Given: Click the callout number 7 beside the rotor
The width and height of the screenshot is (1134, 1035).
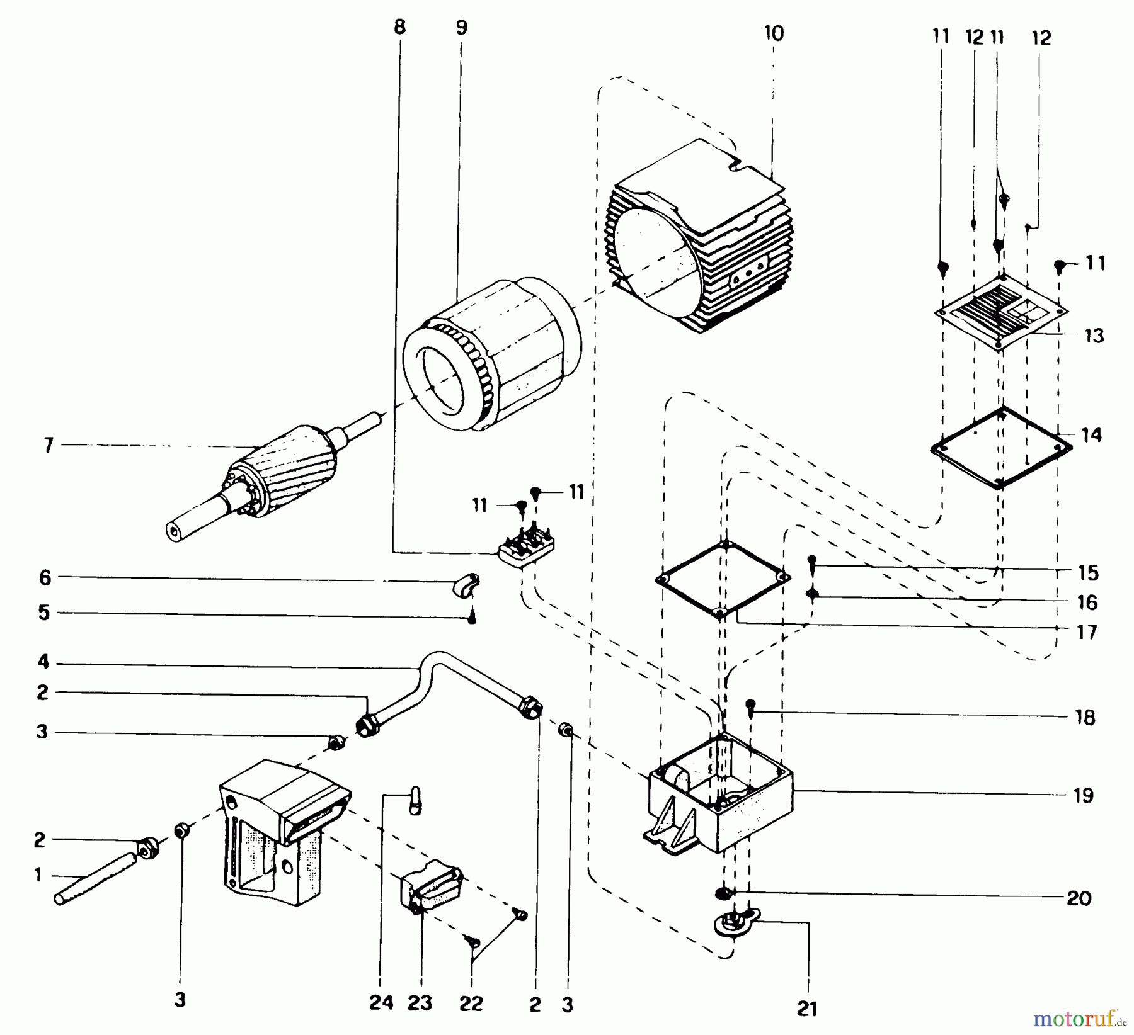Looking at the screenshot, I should [x=49, y=446].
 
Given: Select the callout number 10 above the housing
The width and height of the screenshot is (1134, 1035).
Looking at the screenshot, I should [x=774, y=34].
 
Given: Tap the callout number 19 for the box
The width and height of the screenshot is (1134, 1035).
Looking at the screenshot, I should [x=1084, y=796].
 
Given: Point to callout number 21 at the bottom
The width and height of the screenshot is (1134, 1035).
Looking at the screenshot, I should [x=807, y=1009].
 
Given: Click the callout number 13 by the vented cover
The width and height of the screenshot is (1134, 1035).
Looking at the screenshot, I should [x=1094, y=336].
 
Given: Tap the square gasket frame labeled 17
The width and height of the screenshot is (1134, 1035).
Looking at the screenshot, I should [x=723, y=579].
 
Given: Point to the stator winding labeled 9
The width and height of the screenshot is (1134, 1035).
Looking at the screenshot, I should [x=491, y=356].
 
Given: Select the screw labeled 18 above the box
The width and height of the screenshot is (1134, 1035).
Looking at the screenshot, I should [x=750, y=706].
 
